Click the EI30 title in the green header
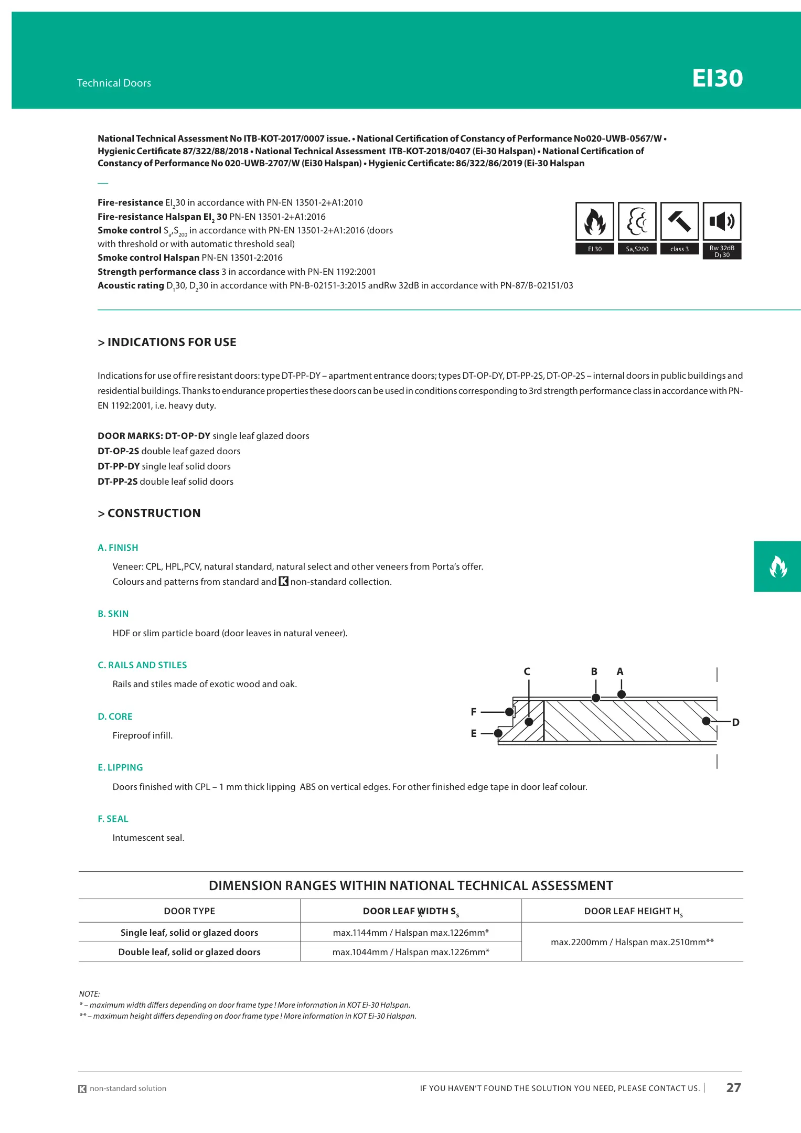pyautogui.click(x=717, y=78)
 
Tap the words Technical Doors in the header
pyautogui.click(x=114, y=83)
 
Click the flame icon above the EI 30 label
pyautogui.click(x=594, y=221)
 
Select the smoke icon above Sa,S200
pyautogui.click(x=637, y=221)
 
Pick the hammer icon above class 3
pyautogui.click(x=679, y=221)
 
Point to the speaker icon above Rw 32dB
pyautogui.click(x=722, y=221)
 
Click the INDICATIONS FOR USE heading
pyautogui.click(x=167, y=342)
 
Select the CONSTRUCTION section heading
pyautogui.click(x=149, y=513)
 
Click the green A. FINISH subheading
pyautogui.click(x=118, y=548)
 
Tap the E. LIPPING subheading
pyautogui.click(x=120, y=767)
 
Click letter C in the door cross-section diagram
pyautogui.click(x=527, y=671)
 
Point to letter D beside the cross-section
pyautogui.click(x=735, y=722)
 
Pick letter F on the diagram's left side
pyautogui.click(x=474, y=712)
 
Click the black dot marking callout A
pyautogui.click(x=622, y=694)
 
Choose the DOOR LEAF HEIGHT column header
pyautogui.click(x=633, y=911)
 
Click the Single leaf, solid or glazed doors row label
pyautogui.click(x=189, y=932)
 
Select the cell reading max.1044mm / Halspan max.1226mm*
pyautogui.click(x=411, y=952)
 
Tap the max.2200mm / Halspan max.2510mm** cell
pyautogui.click(x=632, y=942)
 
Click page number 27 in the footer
pyautogui.click(x=733, y=1088)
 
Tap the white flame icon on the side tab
pyautogui.click(x=778, y=566)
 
